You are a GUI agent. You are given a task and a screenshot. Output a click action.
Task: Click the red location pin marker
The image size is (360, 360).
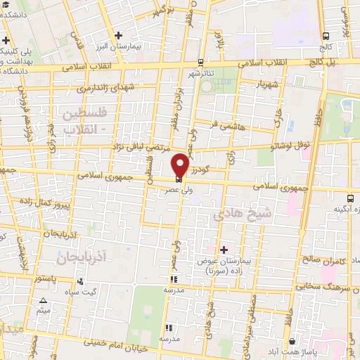(x=180, y=166)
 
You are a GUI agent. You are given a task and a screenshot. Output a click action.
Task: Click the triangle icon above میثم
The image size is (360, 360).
(x=44, y=299)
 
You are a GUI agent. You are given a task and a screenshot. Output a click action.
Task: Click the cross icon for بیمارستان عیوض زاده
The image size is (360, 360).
(x=224, y=250)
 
